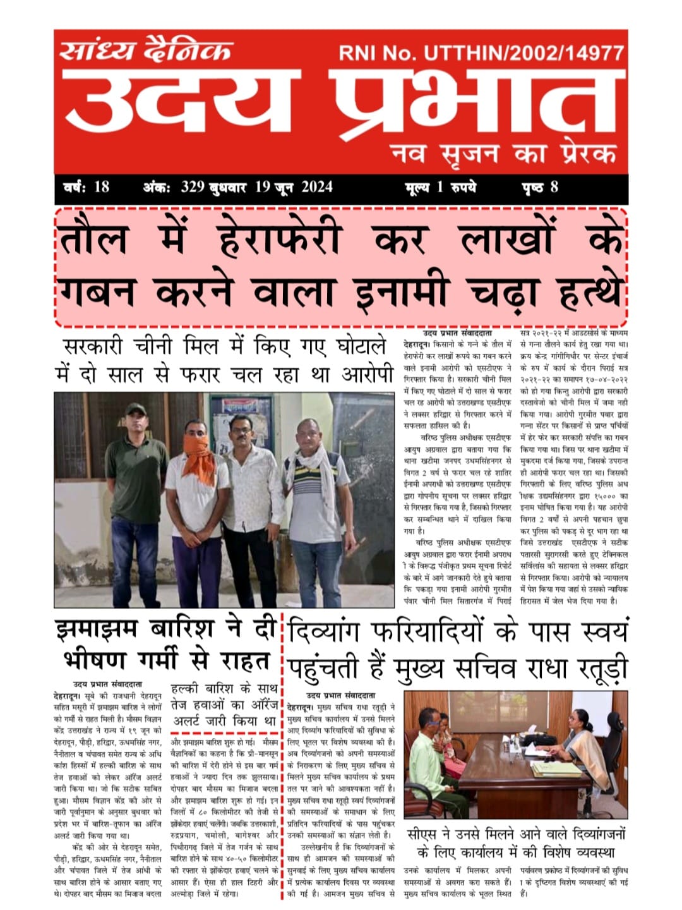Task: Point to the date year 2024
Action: click(x=316, y=187)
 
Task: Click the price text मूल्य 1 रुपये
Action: click(x=440, y=187)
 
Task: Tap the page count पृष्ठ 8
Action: click(x=539, y=187)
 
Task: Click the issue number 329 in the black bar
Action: click(x=193, y=187)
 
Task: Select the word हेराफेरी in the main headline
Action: click(x=279, y=239)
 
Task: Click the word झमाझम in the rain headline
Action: click(x=102, y=630)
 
